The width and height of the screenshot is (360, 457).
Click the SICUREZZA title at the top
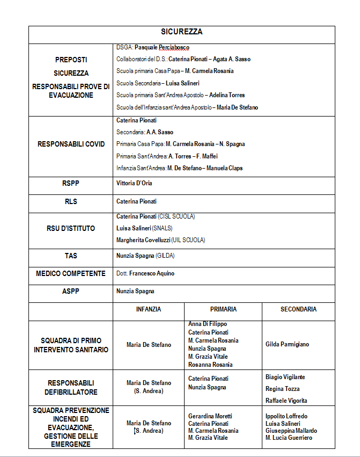182,32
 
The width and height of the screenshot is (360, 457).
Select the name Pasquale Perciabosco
161,48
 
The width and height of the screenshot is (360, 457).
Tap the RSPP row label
71,184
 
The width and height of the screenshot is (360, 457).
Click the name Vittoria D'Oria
134,184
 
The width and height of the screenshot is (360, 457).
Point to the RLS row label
71,201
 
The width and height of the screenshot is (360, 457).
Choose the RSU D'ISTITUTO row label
71,229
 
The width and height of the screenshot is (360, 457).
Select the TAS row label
71,256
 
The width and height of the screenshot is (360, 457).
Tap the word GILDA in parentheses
165,256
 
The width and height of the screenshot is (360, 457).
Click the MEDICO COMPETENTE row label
71,274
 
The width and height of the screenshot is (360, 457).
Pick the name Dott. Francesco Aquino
145,274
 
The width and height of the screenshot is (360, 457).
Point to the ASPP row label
71,292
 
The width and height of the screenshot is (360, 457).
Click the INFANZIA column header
149,309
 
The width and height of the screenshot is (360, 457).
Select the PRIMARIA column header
223,309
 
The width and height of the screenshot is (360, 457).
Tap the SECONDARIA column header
298,309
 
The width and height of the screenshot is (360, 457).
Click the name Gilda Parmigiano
287,344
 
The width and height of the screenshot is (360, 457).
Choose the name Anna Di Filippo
208,324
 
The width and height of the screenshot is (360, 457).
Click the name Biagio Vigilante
285,377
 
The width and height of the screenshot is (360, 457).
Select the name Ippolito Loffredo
286,416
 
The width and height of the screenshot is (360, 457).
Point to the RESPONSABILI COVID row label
71,144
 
